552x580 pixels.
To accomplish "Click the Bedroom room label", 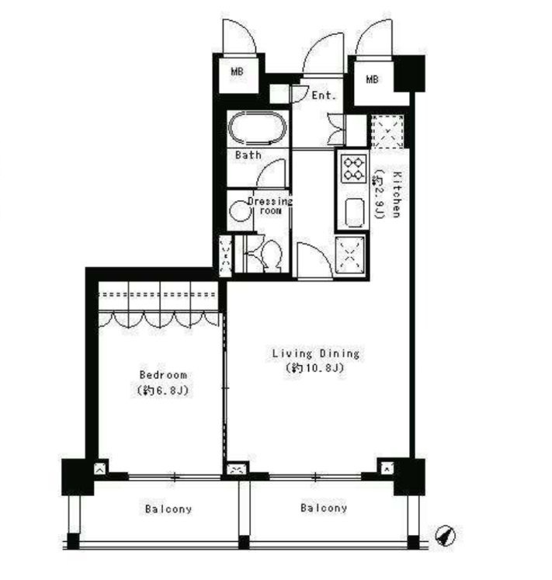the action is (x=163, y=375).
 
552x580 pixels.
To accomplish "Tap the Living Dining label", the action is (x=315, y=353).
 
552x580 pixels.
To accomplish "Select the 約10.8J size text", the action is (x=315, y=368).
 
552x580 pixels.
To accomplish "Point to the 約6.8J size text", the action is (x=163, y=391).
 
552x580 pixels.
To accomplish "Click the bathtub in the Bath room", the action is (x=258, y=128).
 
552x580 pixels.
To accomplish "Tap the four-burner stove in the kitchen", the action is (x=353, y=168).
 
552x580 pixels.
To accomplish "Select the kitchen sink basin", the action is (x=354, y=212).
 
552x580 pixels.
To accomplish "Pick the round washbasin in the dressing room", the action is (x=240, y=211).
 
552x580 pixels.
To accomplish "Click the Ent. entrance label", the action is (x=324, y=96).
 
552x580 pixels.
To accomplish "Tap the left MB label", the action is (x=237, y=71).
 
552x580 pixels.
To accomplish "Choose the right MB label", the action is (x=372, y=79).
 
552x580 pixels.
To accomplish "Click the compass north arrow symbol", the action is (x=445, y=535).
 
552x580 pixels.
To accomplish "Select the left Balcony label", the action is (x=168, y=509).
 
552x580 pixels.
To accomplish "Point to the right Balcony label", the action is (x=324, y=508).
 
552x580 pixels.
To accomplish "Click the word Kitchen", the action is (x=396, y=194).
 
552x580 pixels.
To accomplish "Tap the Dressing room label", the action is (x=270, y=206).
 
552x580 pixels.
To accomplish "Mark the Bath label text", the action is (x=248, y=155).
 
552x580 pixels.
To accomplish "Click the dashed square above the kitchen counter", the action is (x=387, y=131).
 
